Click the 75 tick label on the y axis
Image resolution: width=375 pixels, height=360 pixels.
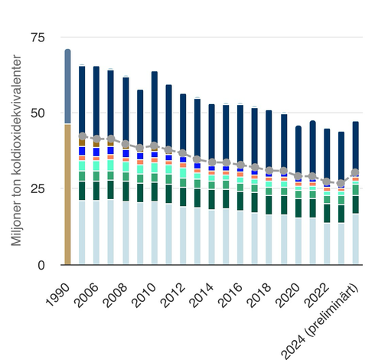coord(47,38)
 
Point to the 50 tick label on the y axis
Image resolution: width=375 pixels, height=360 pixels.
coord(47,113)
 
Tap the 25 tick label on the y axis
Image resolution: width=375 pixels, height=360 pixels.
coord(47,189)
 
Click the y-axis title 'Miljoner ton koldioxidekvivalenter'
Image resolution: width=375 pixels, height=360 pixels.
coord(16,153)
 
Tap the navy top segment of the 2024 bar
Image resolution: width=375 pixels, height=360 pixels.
coord(355,146)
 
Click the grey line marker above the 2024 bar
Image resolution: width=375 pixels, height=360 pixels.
coord(355,172)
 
